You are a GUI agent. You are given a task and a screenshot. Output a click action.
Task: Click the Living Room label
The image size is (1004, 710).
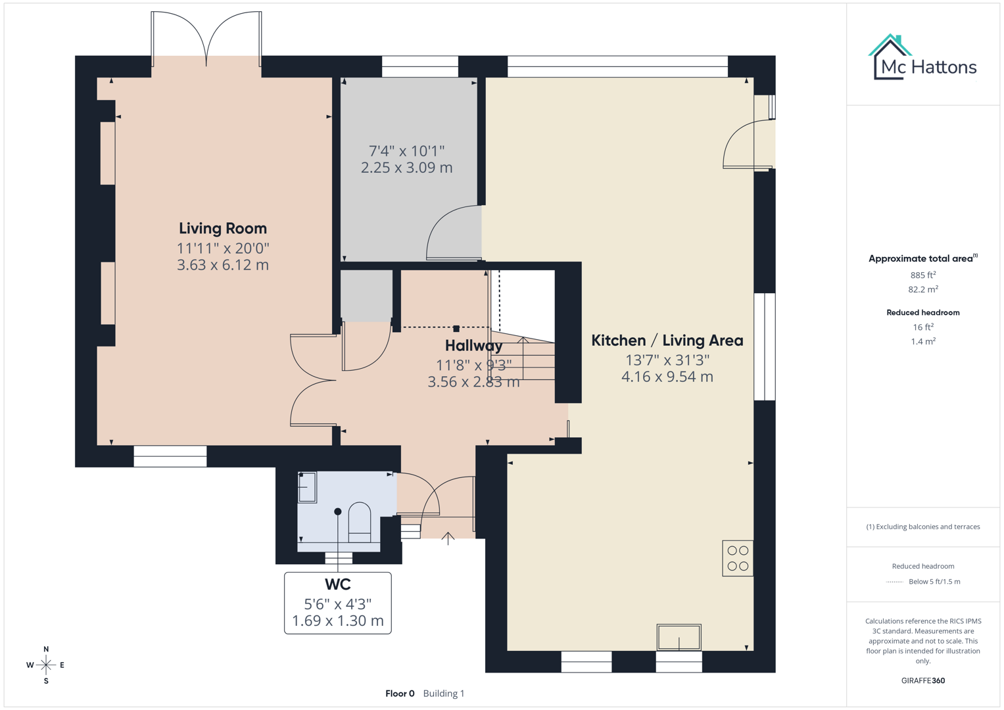click(x=223, y=228)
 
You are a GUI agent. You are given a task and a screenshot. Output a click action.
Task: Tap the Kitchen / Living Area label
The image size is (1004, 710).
click(x=667, y=341)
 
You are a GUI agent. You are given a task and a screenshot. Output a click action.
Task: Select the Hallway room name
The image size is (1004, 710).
click(x=473, y=346)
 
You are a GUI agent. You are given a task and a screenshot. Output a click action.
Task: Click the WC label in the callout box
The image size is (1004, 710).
click(x=337, y=584)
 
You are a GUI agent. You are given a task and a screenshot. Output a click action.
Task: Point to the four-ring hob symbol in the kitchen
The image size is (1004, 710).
click(x=738, y=558)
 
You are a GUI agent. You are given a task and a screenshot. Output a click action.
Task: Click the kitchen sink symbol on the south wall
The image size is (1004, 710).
click(x=679, y=637)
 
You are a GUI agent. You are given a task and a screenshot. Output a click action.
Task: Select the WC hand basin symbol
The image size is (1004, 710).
click(x=307, y=487)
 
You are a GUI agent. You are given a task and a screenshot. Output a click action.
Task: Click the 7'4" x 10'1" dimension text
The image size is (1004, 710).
click(x=406, y=151)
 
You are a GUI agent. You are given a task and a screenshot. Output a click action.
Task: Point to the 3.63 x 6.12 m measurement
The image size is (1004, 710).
click(x=223, y=265)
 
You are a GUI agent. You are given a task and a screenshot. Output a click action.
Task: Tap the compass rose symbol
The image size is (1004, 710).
click(x=46, y=665)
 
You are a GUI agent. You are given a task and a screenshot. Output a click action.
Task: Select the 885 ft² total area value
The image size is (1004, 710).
click(x=922, y=275)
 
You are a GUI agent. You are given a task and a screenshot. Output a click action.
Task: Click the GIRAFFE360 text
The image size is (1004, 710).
click(x=922, y=680)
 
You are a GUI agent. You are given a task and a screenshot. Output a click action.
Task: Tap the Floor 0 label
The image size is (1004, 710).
click(x=400, y=694)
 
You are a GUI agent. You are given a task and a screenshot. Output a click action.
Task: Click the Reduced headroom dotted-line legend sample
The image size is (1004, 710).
click(x=894, y=582)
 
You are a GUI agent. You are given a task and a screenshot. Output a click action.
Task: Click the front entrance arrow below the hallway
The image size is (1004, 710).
click(x=448, y=538)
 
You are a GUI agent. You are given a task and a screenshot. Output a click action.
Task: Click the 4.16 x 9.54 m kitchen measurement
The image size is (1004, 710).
click(x=667, y=377)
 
